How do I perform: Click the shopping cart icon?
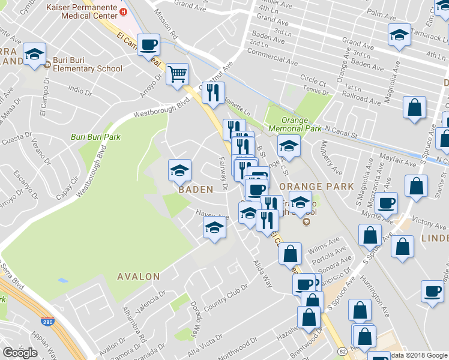coord(177,74)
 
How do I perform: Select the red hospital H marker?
coord(124,11)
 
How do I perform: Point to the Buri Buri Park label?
coord(95,137)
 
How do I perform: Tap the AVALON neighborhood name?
coord(139,277)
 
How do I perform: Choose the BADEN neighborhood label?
coord(196,189)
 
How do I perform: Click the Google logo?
coord(20,353)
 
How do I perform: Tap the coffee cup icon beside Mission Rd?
coord(148,43)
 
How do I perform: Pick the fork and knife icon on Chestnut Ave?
coord(213,92)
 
